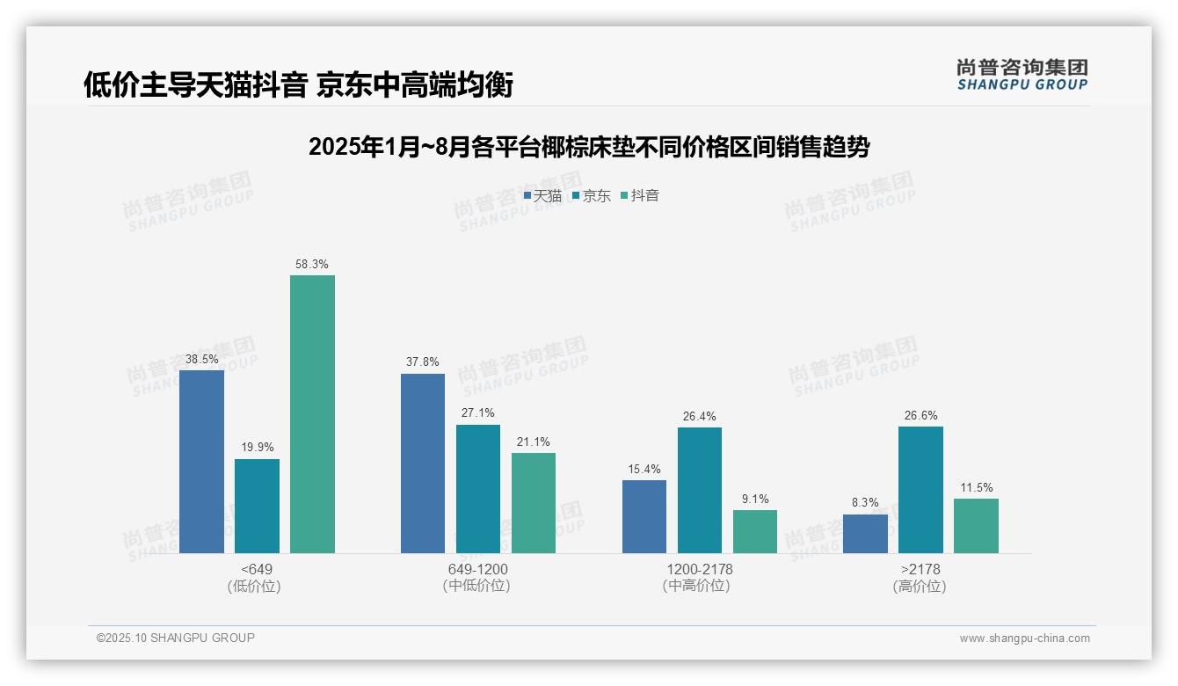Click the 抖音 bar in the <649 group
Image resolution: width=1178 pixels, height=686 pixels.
[312, 414]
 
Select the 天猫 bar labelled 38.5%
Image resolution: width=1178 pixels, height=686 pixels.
[201, 462]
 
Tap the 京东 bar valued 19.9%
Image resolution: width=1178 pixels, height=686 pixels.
[257, 506]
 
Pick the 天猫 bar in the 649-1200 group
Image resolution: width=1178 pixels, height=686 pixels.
[423, 463]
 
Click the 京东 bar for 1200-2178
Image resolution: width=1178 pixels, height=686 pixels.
[700, 490]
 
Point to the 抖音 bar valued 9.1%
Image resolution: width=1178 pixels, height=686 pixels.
[755, 531]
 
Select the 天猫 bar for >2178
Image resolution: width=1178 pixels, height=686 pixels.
[865, 534]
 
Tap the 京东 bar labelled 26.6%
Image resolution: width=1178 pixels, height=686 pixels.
[920, 490]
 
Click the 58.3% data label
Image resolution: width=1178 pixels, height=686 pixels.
[312, 264]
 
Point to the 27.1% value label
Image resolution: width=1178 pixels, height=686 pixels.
[478, 413]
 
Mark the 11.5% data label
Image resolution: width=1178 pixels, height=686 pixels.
[976, 487]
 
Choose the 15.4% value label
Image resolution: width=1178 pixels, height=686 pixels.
[644, 469]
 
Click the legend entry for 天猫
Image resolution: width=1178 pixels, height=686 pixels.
[542, 196]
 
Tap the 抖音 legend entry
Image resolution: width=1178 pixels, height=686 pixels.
[640, 196]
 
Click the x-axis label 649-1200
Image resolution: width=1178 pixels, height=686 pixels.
[477, 569]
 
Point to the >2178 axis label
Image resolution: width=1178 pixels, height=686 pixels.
[920, 569]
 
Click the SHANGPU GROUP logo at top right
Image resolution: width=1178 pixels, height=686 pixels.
[1022, 74]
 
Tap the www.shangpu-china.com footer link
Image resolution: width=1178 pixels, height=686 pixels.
[1024, 639]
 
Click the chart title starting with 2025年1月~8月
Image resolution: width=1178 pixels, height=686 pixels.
[588, 147]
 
